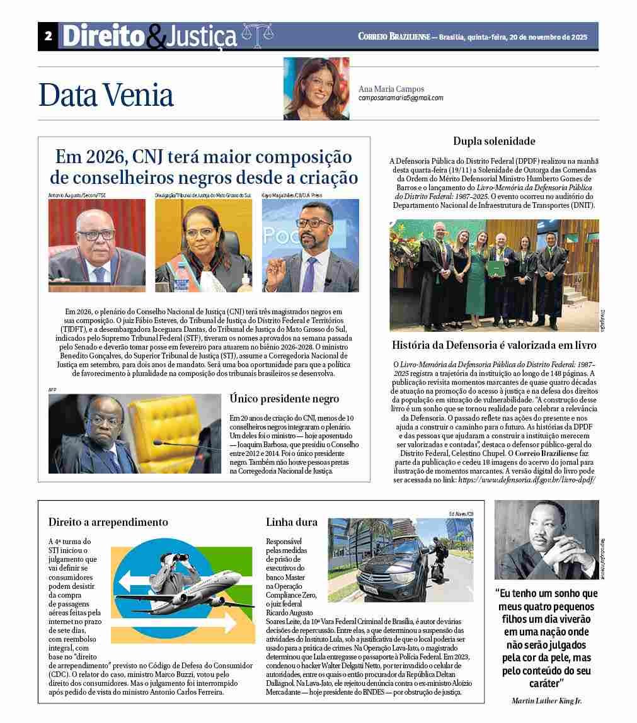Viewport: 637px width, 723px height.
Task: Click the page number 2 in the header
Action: (48, 37)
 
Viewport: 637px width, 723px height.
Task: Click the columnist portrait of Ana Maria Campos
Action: (316, 89)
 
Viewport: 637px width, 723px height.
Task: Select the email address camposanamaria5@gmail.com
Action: (401, 98)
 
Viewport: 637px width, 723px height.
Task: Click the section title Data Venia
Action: (106, 95)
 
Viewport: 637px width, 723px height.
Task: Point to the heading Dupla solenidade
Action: (494, 141)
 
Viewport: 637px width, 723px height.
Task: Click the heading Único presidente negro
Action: (284, 399)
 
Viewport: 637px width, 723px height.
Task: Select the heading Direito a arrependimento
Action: (108, 522)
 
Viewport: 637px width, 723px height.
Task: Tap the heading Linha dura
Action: (292, 522)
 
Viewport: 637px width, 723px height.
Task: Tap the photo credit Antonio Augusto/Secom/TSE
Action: (77, 196)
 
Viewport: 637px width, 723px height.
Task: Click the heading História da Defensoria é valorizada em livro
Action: (494, 345)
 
